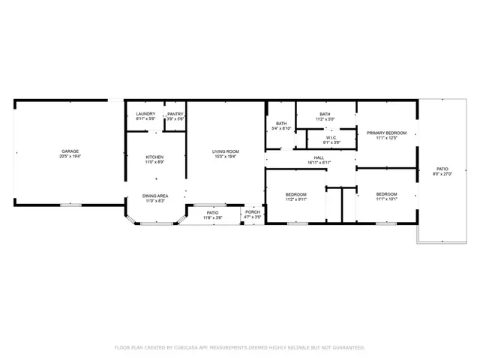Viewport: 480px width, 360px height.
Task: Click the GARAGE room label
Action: (x=70, y=151)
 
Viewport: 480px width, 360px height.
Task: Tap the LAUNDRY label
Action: (x=145, y=114)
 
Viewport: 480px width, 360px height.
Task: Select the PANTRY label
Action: (x=175, y=114)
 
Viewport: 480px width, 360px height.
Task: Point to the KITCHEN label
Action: (x=154, y=157)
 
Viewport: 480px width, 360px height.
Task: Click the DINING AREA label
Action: (x=155, y=196)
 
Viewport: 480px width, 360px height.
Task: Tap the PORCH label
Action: (x=252, y=212)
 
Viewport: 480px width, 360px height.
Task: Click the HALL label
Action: (x=319, y=157)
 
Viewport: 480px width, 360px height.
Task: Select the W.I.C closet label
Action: (x=331, y=137)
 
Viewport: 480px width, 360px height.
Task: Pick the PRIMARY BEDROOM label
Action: (x=386, y=133)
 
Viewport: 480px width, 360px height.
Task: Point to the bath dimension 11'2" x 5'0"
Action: (x=325, y=118)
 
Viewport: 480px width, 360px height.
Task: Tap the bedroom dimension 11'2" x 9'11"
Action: (x=295, y=199)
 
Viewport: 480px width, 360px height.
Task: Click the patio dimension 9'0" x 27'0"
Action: (x=442, y=174)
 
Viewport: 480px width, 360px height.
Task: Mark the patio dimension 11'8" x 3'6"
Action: (x=212, y=217)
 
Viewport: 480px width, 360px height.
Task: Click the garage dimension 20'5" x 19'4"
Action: (x=70, y=157)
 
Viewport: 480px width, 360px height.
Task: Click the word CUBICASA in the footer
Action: (x=187, y=347)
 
